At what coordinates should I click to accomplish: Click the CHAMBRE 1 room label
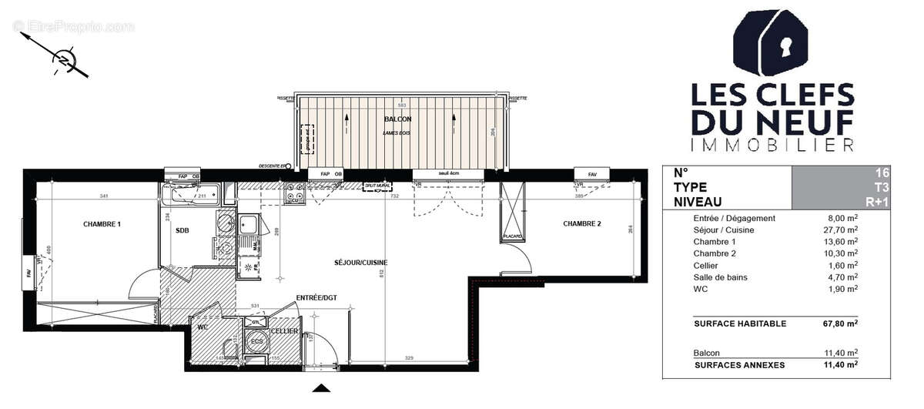click(102, 224)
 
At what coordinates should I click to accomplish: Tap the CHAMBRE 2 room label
click(581, 224)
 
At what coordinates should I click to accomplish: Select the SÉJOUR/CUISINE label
click(361, 263)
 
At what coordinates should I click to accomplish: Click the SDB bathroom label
click(182, 230)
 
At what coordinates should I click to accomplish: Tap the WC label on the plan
click(203, 327)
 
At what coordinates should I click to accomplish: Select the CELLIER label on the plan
click(284, 330)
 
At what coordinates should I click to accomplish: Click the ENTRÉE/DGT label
click(316, 297)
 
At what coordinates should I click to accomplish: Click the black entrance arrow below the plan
click(324, 388)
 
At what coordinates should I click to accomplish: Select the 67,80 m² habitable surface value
click(841, 324)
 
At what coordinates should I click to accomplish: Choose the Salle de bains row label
click(720, 277)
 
